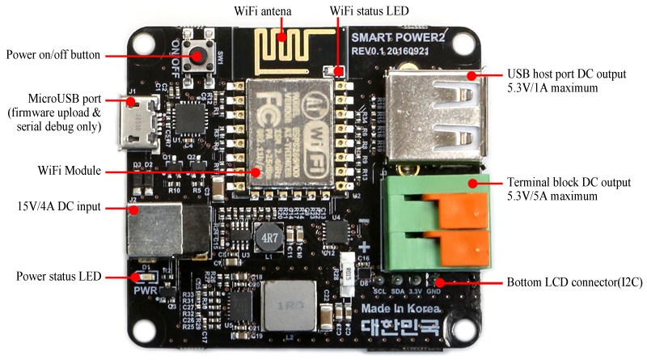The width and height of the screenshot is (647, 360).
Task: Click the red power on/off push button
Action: coord(197,56)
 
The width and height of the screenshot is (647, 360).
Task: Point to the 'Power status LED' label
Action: coord(60,277)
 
